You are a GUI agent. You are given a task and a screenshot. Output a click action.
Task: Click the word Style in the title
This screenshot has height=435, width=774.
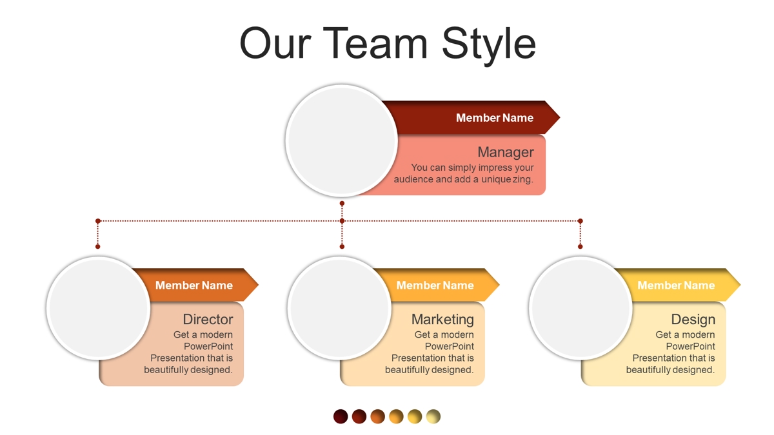tap(489, 44)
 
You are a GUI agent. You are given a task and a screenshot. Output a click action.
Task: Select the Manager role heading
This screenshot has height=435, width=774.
tap(506, 152)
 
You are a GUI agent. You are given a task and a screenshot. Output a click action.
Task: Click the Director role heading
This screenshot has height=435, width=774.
tap(208, 320)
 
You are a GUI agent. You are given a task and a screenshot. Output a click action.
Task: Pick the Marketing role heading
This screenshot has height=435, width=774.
tap(442, 320)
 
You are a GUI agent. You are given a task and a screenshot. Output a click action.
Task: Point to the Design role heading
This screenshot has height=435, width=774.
tap(693, 320)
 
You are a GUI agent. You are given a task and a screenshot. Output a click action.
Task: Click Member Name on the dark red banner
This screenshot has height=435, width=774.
tap(495, 118)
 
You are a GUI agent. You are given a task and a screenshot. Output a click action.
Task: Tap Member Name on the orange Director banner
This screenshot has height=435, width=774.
tap(194, 285)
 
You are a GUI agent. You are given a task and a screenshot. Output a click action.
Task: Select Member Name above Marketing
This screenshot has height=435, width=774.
tap(435, 285)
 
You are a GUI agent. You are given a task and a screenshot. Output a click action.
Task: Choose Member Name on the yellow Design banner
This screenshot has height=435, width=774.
tap(676, 285)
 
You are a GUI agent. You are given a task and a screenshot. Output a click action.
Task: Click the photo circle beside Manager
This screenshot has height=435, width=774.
tap(341, 141)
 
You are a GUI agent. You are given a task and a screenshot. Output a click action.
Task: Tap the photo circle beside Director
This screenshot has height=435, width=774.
tap(98, 308)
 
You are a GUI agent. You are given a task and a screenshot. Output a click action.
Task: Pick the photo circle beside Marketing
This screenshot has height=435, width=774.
tap(339, 308)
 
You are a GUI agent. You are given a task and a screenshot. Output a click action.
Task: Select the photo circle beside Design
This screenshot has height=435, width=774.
tap(580, 308)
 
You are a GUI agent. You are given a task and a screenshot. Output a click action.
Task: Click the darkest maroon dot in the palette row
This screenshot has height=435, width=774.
tap(341, 416)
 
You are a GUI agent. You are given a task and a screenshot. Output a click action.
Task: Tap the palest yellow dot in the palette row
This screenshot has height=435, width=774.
tap(433, 416)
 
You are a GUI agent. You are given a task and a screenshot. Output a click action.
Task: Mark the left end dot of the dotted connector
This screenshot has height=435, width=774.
tap(98, 221)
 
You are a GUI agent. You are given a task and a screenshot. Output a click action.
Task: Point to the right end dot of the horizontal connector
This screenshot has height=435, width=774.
tap(580, 221)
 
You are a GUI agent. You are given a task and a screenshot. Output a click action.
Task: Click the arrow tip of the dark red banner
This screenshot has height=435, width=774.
tap(560, 117)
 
